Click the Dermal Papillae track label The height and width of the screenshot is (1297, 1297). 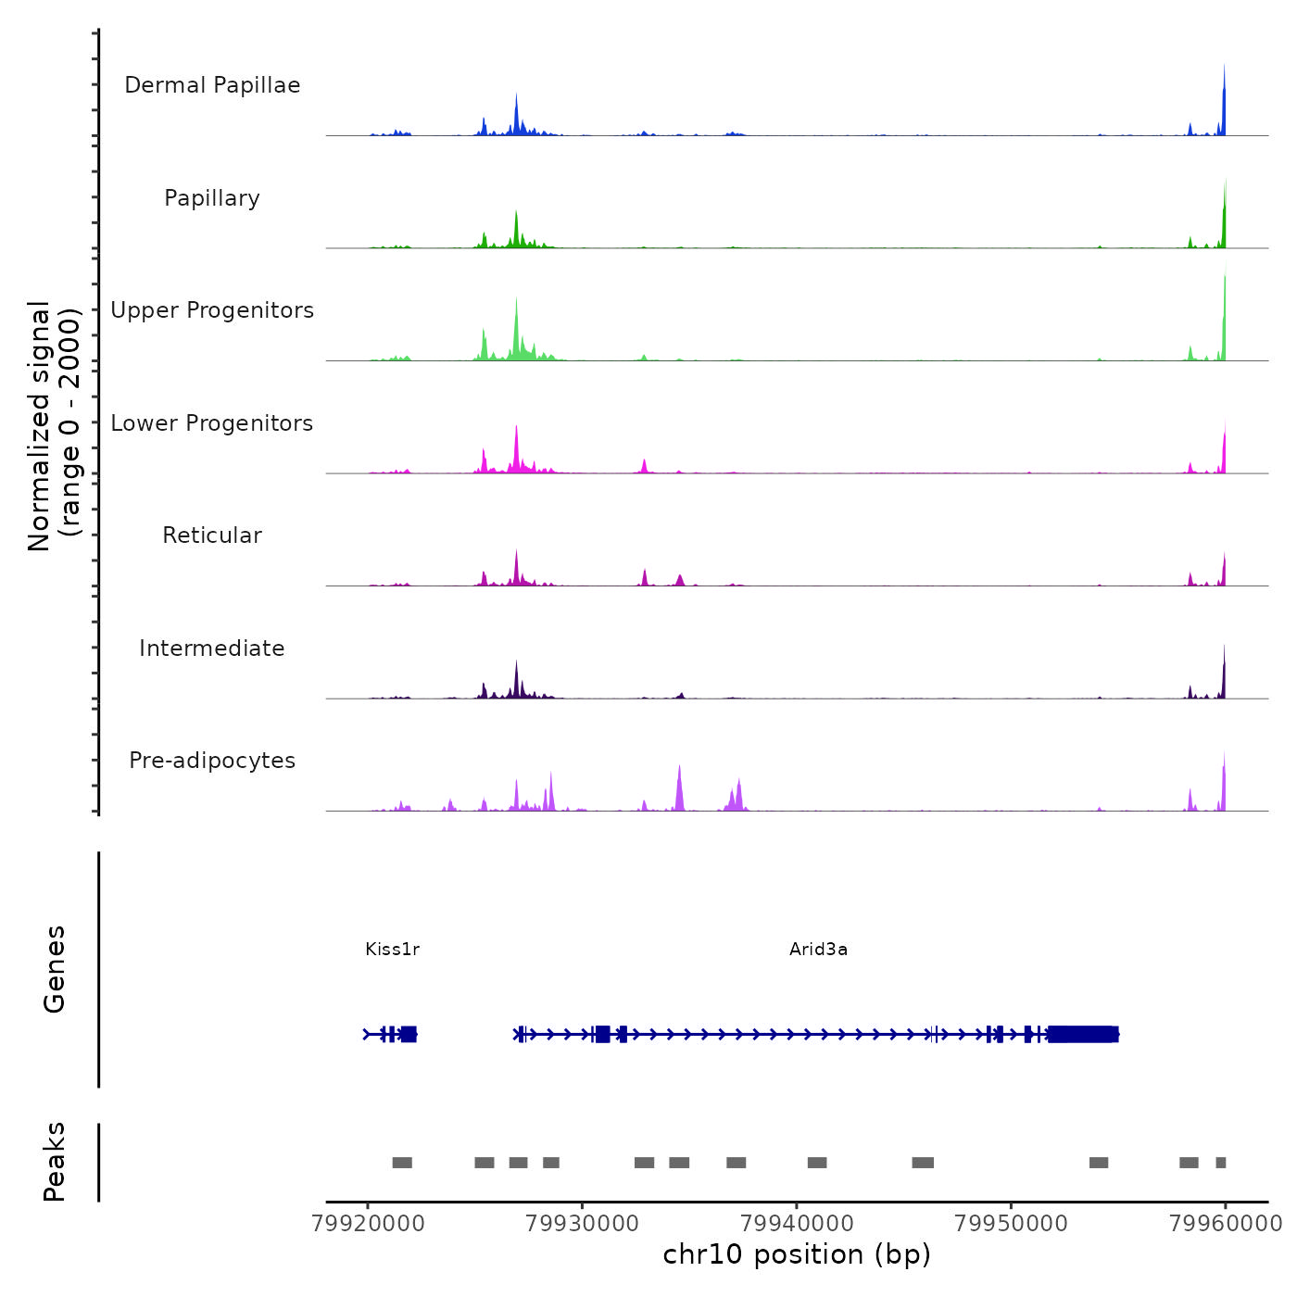[212, 85]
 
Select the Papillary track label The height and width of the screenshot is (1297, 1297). [212, 198]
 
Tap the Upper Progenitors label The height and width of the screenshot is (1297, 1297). [212, 310]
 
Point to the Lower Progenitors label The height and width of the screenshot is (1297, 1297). [212, 423]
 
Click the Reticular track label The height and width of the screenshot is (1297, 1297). [212, 535]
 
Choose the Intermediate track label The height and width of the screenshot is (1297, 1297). [212, 648]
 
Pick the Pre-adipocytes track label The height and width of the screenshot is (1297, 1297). [212, 761]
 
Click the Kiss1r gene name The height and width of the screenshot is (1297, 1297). [393, 949]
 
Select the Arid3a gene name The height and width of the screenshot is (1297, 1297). [818, 949]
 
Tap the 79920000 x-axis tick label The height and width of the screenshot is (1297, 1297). [368, 1223]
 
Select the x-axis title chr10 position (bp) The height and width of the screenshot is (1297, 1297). [797, 1254]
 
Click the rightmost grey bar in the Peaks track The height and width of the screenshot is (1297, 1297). [1221, 1163]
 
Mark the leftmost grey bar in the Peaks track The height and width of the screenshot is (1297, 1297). [402, 1163]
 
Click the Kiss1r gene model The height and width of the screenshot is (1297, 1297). [391, 1034]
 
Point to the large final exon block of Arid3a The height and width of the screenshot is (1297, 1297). [1083, 1034]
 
